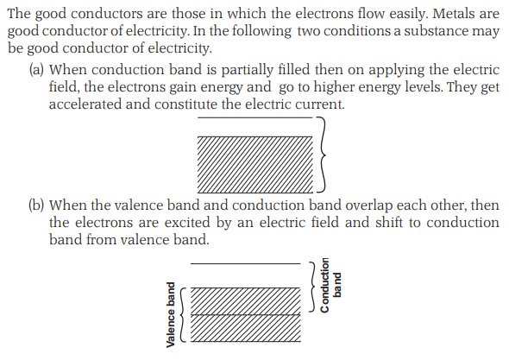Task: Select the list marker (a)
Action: tap(36, 70)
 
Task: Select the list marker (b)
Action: tap(36, 205)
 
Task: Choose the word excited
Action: tap(188, 223)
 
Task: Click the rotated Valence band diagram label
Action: tap(171, 314)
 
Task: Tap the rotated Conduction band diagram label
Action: tap(330, 285)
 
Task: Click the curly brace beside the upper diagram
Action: tap(322, 155)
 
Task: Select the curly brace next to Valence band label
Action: tap(183, 315)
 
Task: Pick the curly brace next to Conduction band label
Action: tap(312, 287)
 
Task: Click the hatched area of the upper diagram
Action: tap(255, 165)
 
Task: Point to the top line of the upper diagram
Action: tap(255, 117)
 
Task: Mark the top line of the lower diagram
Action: tap(245, 263)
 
